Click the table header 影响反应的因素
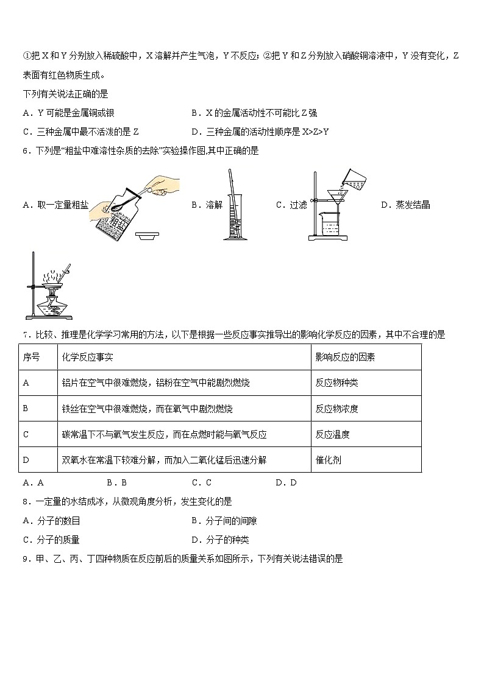pos(345,357)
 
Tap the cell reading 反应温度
pos(332,434)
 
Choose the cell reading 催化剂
pos(328,460)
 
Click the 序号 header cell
pos(31,357)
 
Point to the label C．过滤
pos(291,205)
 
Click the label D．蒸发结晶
pos(405,205)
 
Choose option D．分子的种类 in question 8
pos(219,540)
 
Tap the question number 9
pos(25,559)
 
